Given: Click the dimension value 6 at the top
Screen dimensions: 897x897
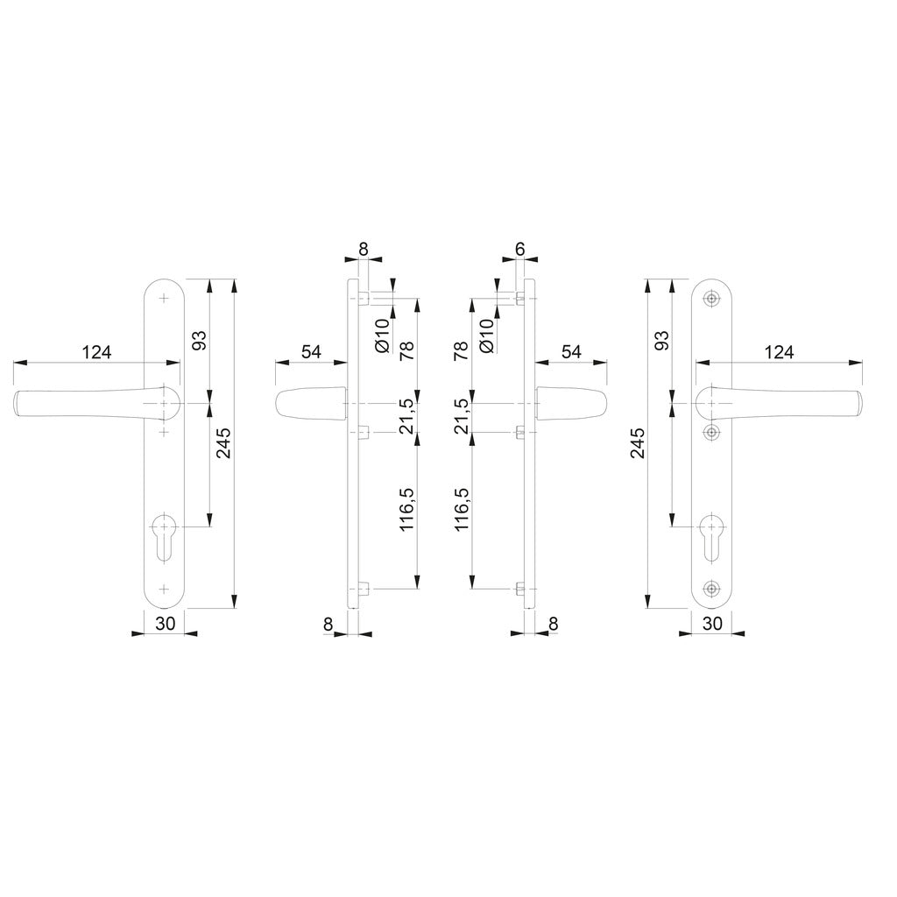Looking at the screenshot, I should pos(519,249).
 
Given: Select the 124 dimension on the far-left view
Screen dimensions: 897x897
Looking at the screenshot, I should pos(97,352).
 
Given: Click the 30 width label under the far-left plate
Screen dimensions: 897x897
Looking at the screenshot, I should pos(165,623).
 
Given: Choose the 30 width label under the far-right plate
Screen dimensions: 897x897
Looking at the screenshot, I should pos(712,623).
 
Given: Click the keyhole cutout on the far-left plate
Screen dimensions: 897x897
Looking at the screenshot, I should pos(164,535).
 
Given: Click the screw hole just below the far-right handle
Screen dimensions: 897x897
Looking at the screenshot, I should pos(711,432).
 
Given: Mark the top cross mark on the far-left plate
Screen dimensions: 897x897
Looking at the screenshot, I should pos(164,299).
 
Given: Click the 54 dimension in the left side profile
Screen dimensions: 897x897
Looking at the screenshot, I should pos(311,352).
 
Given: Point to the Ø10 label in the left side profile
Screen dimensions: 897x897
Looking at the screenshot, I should pos(381,335).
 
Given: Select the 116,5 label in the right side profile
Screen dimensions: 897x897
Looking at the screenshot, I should pos(462,510).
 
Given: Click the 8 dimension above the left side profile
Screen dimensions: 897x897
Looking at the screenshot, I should pos(364,249).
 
